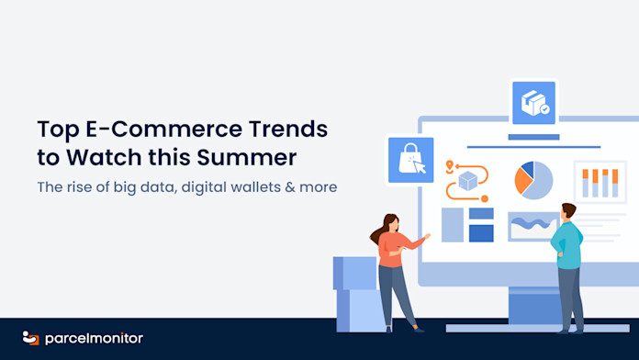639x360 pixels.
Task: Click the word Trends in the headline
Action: click(288, 129)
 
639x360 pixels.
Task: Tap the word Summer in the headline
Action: click(247, 157)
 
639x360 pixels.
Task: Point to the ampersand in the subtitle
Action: click(290, 187)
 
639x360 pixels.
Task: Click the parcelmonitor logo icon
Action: click(30, 338)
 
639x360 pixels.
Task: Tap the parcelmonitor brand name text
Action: click(95, 338)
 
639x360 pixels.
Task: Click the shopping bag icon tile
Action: click(410, 160)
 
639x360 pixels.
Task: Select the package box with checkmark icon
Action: click(533, 103)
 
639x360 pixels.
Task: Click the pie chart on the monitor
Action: click(533, 180)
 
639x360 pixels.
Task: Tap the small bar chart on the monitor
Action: click(600, 182)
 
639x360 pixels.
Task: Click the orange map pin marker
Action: click(450, 166)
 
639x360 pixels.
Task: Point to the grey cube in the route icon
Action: click(468, 181)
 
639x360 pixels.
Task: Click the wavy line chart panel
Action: click(533, 227)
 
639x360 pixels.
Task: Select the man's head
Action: click(567, 211)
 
